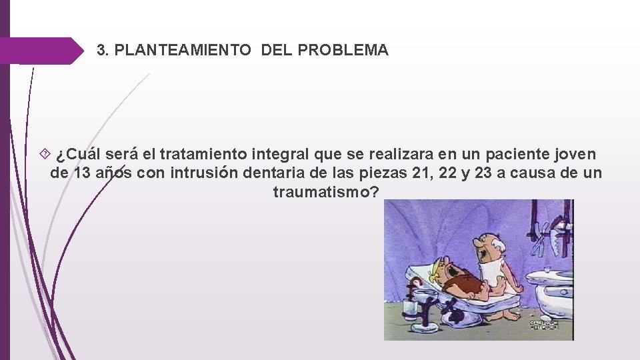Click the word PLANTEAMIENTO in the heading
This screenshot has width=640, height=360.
183,50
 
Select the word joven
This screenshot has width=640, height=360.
579,154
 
